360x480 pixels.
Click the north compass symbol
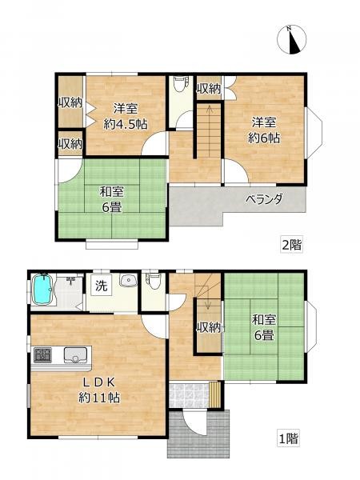[291, 39]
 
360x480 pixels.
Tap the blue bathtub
[43, 290]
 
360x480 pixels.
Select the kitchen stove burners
[42, 355]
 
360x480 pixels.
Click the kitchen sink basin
[75, 355]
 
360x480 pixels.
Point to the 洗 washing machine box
[102, 286]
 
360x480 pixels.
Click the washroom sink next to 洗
[129, 280]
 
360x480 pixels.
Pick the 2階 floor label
[292, 245]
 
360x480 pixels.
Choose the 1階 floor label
[288, 439]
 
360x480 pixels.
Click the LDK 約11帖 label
[99, 390]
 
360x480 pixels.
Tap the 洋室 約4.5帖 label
[126, 117]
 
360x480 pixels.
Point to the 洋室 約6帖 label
[264, 130]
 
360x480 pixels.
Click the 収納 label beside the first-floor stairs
[208, 328]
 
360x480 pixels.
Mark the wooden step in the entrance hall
[214, 394]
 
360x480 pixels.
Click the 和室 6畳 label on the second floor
[112, 200]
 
